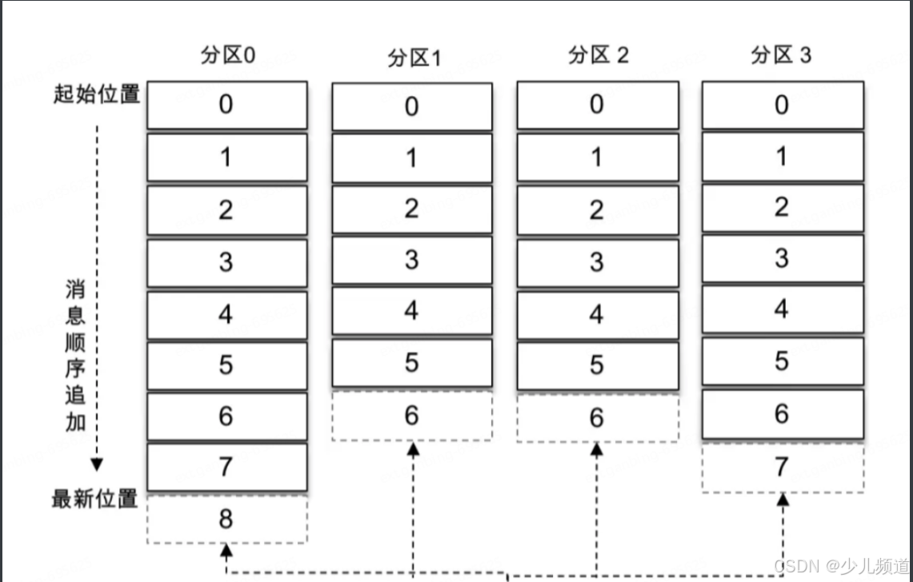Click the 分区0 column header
click(227, 57)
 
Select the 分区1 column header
click(413, 60)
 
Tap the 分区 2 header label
click(598, 55)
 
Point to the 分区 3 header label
click(781, 55)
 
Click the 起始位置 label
click(97, 95)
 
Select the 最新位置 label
click(95, 500)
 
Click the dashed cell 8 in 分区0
click(226, 519)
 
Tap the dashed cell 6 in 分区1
click(412, 416)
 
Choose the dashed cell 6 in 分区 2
click(597, 417)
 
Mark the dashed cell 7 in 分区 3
click(783, 468)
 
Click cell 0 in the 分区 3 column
click(783, 105)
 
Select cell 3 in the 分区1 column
click(412, 260)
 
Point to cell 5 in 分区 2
click(597, 365)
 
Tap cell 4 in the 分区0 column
click(226, 314)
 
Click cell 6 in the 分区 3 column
click(783, 414)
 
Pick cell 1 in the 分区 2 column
click(597, 157)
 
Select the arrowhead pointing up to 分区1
click(413, 450)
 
